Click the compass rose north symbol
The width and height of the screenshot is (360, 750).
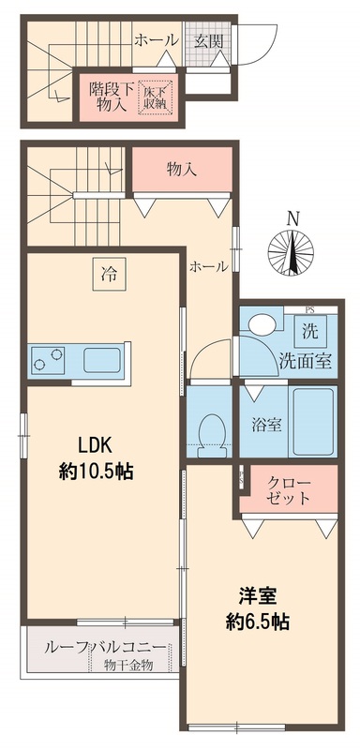(x=293, y=246)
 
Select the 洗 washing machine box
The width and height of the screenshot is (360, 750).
(x=309, y=330)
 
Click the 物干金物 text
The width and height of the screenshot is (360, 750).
(x=127, y=666)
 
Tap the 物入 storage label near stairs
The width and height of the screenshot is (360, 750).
(x=181, y=171)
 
